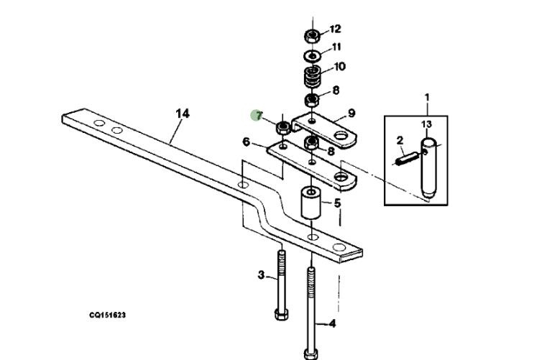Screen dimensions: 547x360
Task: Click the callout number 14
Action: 183,114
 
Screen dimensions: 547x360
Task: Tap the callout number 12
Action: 335,29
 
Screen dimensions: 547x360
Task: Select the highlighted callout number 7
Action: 259,115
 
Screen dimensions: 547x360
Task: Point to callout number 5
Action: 337,203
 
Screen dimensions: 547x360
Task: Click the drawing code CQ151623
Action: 107,315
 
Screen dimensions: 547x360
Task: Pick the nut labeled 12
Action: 312,36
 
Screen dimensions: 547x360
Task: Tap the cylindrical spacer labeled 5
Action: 311,203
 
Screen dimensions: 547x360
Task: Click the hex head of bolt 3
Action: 281,314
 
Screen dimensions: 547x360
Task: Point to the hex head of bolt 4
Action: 311,354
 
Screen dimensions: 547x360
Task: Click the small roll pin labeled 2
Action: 406,158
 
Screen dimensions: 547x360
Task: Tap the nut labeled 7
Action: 282,128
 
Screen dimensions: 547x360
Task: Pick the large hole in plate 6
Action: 341,177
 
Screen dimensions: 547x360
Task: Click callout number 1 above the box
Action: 427,97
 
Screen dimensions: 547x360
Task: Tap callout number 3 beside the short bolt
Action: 262,275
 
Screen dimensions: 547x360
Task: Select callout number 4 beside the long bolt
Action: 332,324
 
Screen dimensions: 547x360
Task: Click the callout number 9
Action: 351,113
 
